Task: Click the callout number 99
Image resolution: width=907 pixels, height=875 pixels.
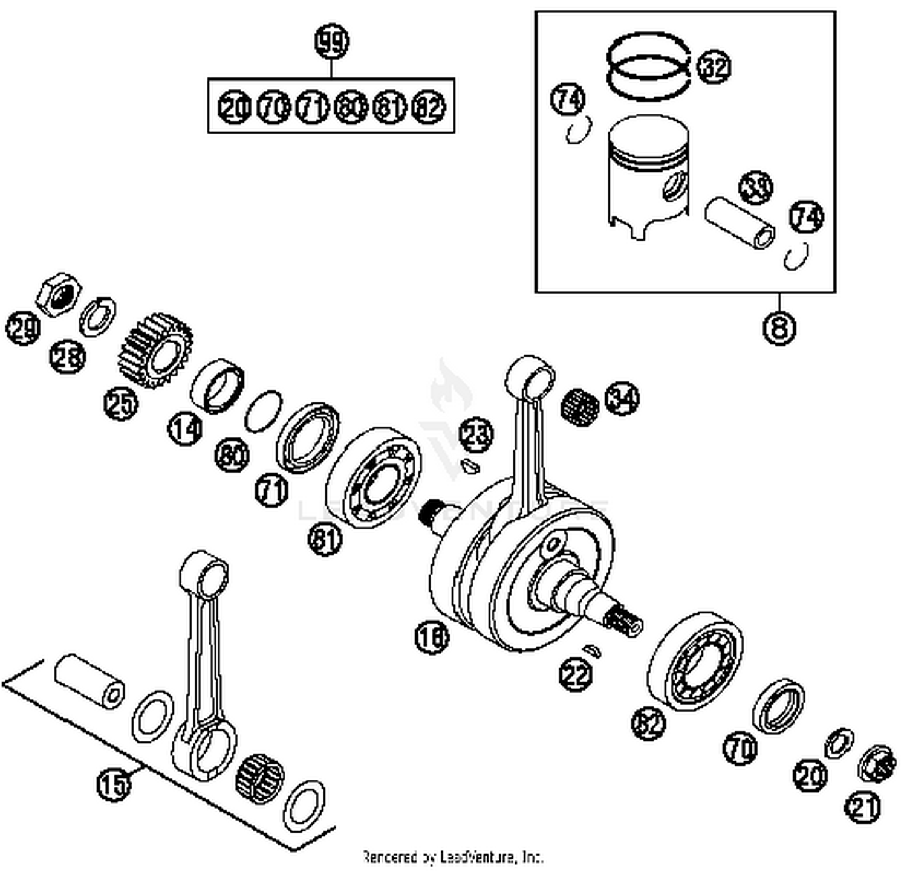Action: pos(332,43)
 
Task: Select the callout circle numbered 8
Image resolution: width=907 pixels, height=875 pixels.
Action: pos(779,328)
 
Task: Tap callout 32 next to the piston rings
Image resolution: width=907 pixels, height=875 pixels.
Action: pos(714,66)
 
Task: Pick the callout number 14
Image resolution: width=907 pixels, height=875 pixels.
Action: pos(184,428)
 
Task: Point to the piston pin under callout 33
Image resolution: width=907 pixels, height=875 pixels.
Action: pos(740,225)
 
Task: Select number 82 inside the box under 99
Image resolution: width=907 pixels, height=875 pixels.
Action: pos(429,108)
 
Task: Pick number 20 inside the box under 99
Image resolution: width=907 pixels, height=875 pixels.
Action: pos(233,108)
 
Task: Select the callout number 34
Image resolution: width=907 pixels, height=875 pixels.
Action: pos(622,398)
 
